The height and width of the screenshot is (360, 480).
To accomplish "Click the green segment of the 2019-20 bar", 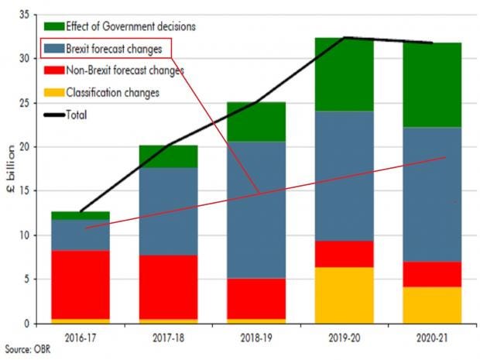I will pyautogui.click(x=345, y=74).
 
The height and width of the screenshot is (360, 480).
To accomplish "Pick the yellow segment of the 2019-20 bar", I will pyautogui.click(x=345, y=295).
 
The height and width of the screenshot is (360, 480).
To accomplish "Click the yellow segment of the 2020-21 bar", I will pyautogui.click(x=432, y=305).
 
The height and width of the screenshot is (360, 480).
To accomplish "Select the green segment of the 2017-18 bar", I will pyautogui.click(x=168, y=156).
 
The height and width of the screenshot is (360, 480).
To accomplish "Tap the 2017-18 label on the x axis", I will pyautogui.click(x=167, y=338).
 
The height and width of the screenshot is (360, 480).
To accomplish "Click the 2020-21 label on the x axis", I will pyautogui.click(x=431, y=338).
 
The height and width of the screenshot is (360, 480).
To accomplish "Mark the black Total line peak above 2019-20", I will pyautogui.click(x=345, y=37).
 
